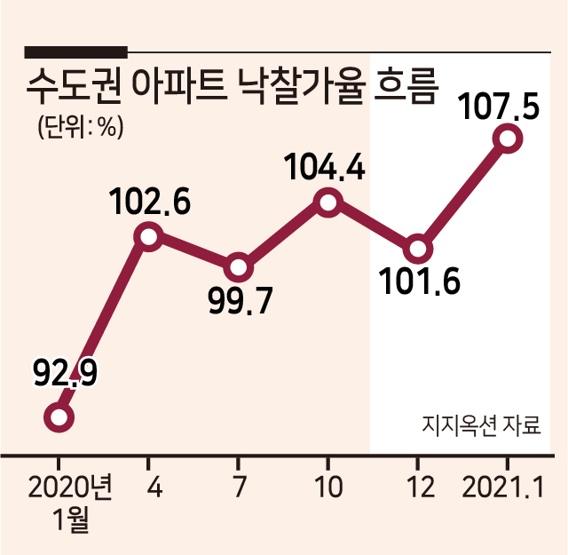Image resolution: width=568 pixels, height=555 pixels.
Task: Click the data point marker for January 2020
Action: tap(59, 417)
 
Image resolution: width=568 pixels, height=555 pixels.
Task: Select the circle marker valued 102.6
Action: tap(148, 237)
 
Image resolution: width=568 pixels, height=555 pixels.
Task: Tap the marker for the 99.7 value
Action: tap(238, 268)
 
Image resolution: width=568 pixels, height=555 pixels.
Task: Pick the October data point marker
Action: tap(327, 202)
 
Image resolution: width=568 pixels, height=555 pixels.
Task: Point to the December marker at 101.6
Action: tap(418, 250)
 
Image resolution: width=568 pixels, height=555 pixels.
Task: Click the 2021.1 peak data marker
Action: tap(508, 139)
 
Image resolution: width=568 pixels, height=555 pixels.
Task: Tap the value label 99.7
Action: tap(240, 300)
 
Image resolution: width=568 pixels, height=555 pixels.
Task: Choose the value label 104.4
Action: tap(325, 166)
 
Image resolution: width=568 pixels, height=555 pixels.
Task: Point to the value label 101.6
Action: tap(419, 281)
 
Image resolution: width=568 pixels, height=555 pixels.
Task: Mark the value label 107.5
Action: tap(499, 107)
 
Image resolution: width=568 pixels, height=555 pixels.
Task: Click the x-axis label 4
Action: tap(154, 487)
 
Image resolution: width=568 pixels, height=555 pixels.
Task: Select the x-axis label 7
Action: tap(239, 487)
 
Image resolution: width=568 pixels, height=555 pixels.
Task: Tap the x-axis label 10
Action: tap(329, 487)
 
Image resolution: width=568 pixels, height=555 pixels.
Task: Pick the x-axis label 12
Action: tap(420, 487)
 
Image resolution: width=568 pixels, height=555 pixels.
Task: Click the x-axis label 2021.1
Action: tap(503, 487)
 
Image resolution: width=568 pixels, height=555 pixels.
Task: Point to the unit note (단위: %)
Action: tap(81, 127)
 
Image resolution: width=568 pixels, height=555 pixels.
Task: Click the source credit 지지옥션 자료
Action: tap(481, 424)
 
